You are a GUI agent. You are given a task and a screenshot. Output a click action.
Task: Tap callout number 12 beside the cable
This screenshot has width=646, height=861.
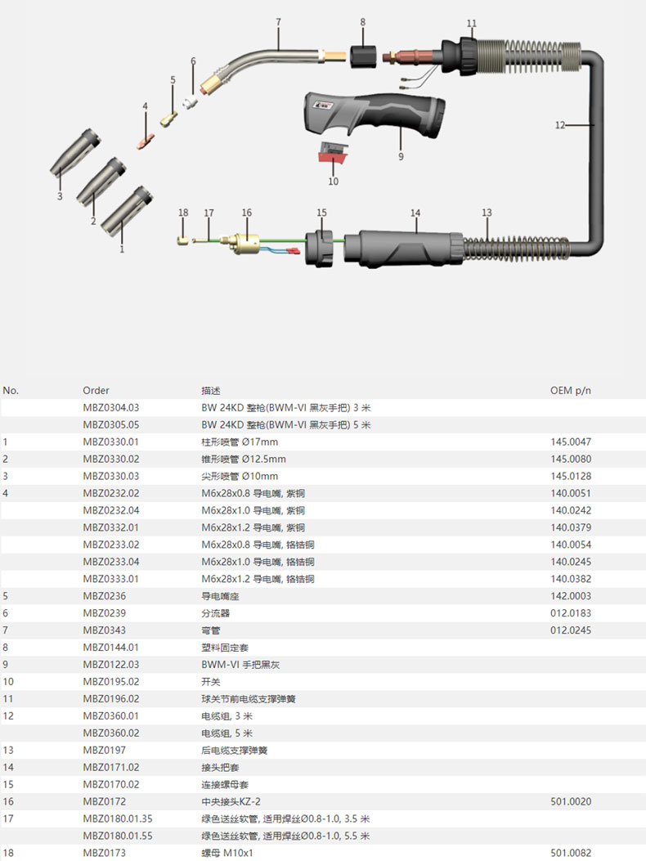point(559,125)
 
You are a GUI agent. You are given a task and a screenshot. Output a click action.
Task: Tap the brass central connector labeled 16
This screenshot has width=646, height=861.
point(244,242)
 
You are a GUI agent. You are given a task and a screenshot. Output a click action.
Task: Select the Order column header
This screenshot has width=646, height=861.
point(96,391)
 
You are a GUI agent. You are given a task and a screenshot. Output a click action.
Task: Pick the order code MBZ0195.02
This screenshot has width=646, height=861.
point(111,681)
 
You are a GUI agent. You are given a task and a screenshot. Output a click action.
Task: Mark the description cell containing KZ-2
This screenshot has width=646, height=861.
point(242,801)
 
